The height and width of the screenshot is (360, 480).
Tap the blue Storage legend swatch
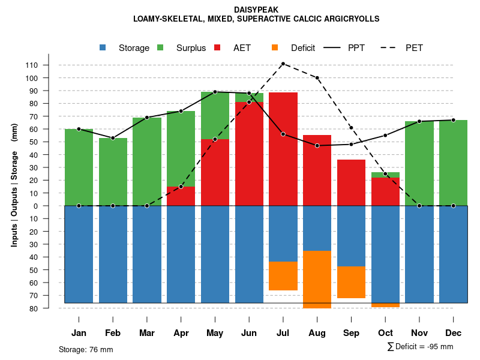click(103, 48)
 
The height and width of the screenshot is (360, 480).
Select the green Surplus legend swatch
click(160, 48)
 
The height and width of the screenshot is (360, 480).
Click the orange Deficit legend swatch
click(275, 48)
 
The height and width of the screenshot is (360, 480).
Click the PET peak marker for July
click(283, 64)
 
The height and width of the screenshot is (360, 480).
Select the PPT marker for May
click(215, 92)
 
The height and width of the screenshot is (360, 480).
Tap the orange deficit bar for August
click(317, 279)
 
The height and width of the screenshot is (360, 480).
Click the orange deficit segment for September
click(351, 282)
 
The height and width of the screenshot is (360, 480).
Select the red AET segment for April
click(181, 196)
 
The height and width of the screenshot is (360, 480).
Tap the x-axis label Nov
click(419, 333)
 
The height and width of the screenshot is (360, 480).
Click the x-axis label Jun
click(249, 333)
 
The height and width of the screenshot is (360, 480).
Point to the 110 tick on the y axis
click(49, 65)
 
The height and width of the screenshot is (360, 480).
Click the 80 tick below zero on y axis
click(50, 308)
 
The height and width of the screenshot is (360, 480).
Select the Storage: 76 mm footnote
click(86, 349)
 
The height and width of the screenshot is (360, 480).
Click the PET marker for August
click(317, 78)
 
